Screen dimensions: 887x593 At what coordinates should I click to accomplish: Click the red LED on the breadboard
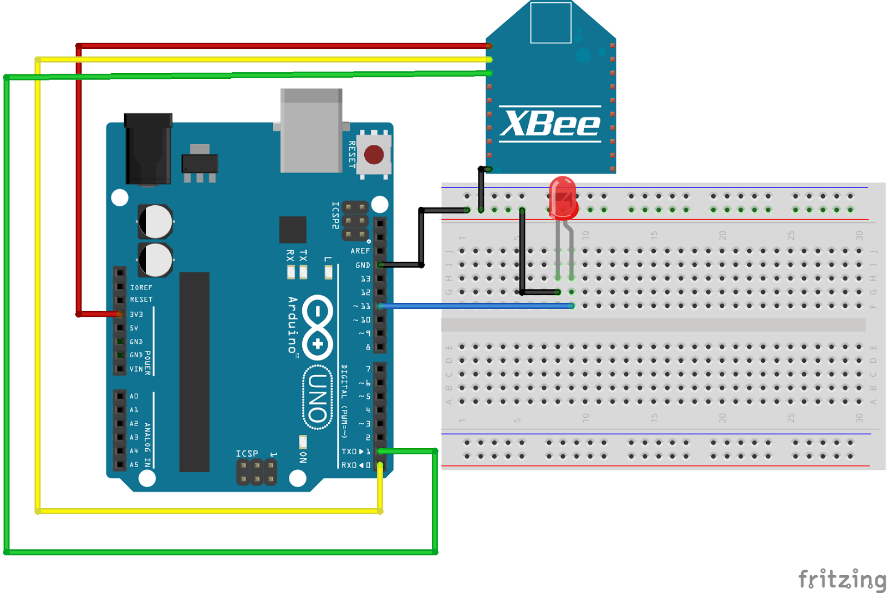tap(563, 197)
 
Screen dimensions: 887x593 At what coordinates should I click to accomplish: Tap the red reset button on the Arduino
tap(374, 155)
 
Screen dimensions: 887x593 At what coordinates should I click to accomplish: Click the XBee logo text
tap(550, 123)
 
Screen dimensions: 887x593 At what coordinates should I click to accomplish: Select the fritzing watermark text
tap(842, 579)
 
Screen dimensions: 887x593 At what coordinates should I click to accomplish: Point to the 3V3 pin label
tap(136, 314)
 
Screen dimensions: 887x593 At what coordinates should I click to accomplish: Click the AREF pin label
tap(360, 251)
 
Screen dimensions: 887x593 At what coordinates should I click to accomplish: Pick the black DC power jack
tap(147, 148)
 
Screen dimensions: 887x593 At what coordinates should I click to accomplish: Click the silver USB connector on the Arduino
tap(311, 131)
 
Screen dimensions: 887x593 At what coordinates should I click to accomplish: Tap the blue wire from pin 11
tap(477, 306)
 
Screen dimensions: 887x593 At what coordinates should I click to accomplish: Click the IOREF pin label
tap(141, 287)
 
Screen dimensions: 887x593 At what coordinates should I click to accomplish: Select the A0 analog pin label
tap(134, 396)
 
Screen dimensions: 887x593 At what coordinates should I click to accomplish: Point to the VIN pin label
tap(136, 369)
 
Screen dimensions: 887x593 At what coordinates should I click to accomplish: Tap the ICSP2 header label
tap(335, 215)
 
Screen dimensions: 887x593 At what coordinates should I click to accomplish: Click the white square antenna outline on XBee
tap(550, 23)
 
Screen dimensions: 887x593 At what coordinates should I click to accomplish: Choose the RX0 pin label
tap(351, 465)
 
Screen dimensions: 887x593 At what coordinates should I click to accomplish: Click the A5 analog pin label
tap(134, 465)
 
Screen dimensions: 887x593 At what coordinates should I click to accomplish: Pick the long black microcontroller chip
tap(194, 372)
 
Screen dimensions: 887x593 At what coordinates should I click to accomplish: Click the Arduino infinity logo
tap(318, 327)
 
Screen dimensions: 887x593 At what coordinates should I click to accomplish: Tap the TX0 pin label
tap(351, 452)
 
